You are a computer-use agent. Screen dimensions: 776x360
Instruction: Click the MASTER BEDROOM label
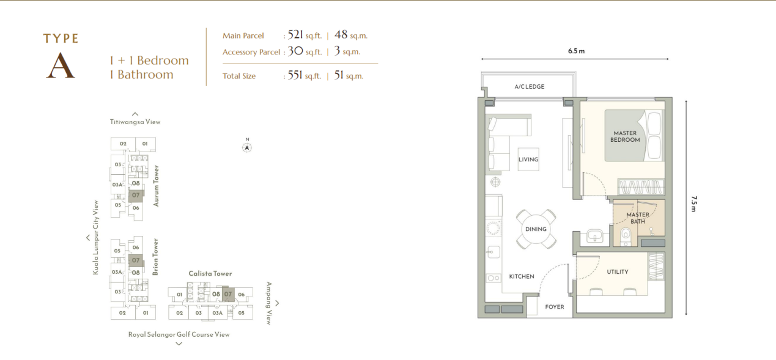[625, 136]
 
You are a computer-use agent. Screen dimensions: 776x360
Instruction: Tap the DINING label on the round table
[536, 229]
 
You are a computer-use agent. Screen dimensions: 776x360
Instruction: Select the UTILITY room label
[618, 272]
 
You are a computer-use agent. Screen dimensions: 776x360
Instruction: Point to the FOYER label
[554, 307]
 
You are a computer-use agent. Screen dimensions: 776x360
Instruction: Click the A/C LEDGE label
[530, 87]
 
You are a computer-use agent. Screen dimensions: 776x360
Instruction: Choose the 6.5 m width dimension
[576, 51]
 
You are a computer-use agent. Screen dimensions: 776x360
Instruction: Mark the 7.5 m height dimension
[693, 204]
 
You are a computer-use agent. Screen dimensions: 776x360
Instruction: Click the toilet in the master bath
[626, 237]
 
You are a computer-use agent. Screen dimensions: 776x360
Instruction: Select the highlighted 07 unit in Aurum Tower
[136, 196]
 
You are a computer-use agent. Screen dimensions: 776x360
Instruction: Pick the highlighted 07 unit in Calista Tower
[228, 294]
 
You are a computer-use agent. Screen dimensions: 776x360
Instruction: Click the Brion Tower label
[155, 257]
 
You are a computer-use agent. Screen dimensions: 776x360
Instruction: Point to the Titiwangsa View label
[135, 122]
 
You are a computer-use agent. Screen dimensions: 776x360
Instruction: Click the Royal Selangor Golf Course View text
[179, 334]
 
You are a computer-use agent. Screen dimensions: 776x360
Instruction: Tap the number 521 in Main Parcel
[295, 35]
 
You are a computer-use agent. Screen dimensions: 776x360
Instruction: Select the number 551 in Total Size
[295, 75]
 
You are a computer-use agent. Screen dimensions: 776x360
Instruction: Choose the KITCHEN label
[522, 276]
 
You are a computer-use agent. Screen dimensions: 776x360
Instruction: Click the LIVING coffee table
[528, 160]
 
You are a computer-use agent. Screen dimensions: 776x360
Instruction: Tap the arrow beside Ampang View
[277, 303]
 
